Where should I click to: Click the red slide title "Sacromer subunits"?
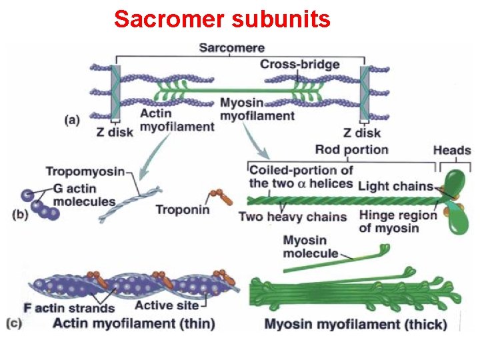(222, 19)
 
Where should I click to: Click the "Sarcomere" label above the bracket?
(232, 48)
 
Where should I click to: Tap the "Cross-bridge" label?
(299, 65)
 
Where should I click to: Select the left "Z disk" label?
(114, 131)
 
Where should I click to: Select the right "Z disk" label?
(362, 133)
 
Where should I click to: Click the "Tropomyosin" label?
(85, 171)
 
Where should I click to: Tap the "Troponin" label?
(182, 210)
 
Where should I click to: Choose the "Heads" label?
(451, 150)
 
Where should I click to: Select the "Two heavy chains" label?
(292, 216)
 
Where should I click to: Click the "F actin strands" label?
(69, 308)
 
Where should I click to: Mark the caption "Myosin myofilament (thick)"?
(355, 325)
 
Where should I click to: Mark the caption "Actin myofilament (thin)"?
(134, 324)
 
